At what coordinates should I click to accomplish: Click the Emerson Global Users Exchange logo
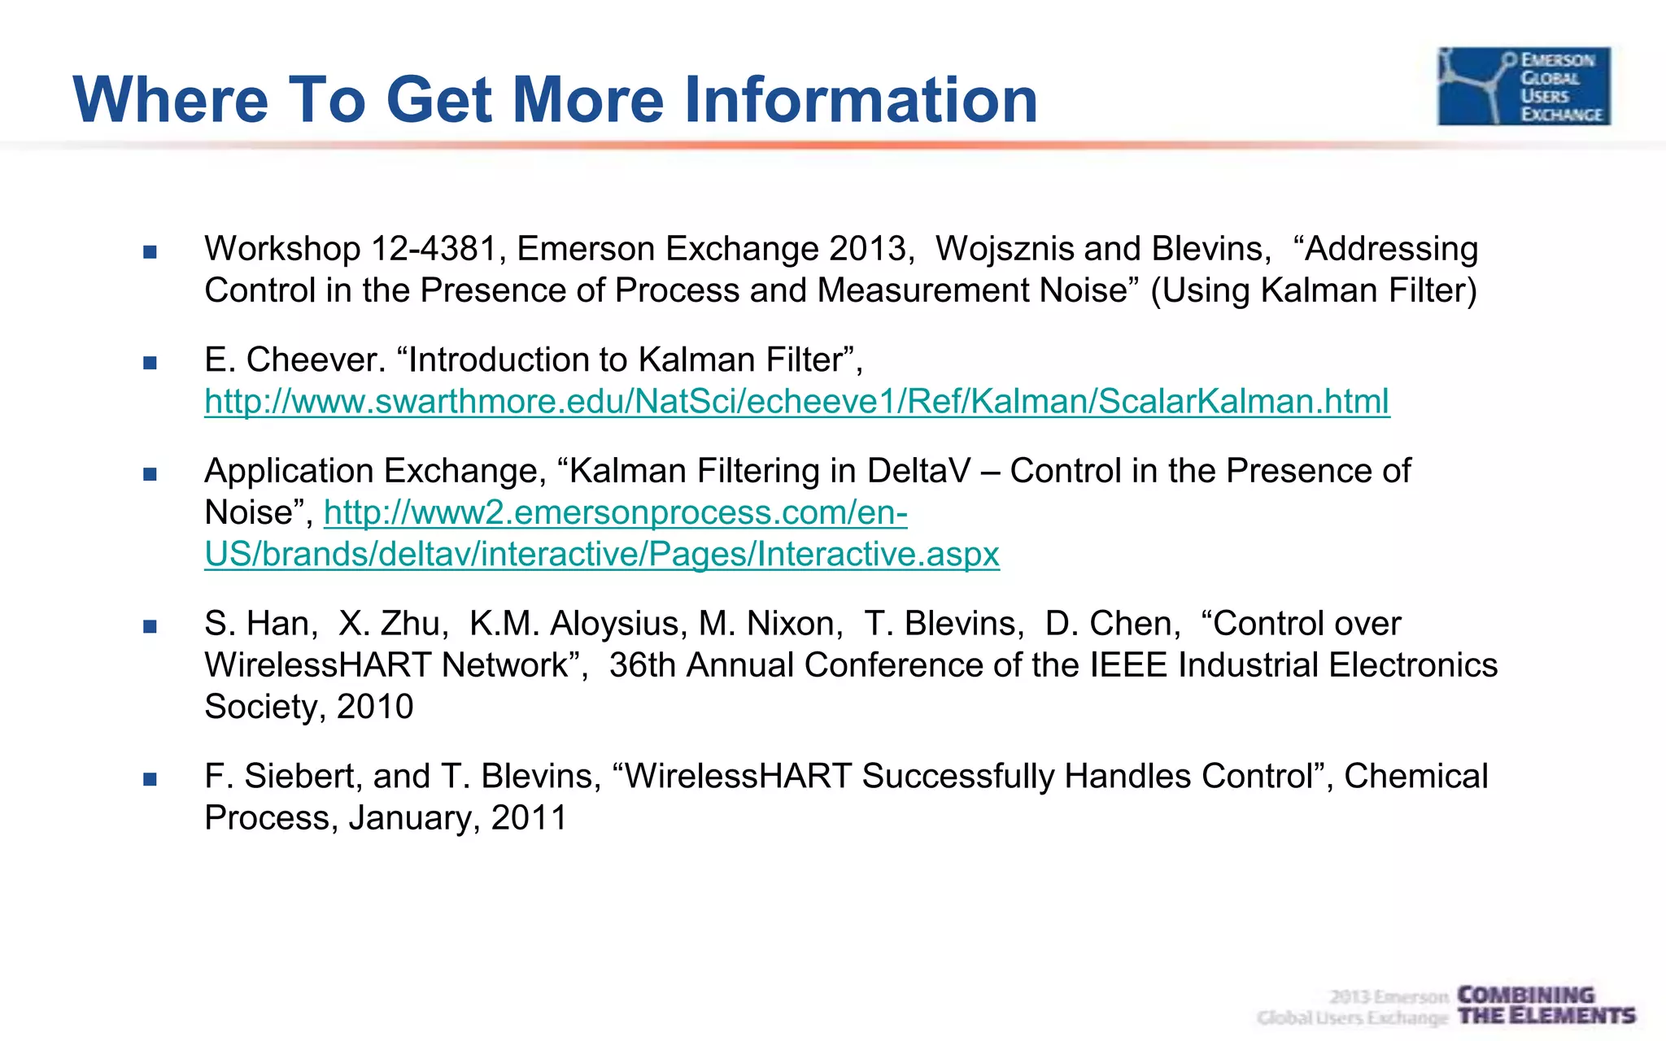pos(1524,86)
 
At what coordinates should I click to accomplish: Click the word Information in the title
pos(861,100)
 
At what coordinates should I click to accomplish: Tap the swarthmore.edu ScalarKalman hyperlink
pos(796,402)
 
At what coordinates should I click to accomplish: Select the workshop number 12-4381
pos(434,249)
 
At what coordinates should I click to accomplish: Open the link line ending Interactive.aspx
pos(601,555)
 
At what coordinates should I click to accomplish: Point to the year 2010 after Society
pos(375,707)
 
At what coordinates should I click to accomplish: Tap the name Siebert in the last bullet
pos(302,777)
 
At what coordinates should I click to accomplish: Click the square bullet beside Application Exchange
pos(150,474)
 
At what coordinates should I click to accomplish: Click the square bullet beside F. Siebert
pos(150,779)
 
